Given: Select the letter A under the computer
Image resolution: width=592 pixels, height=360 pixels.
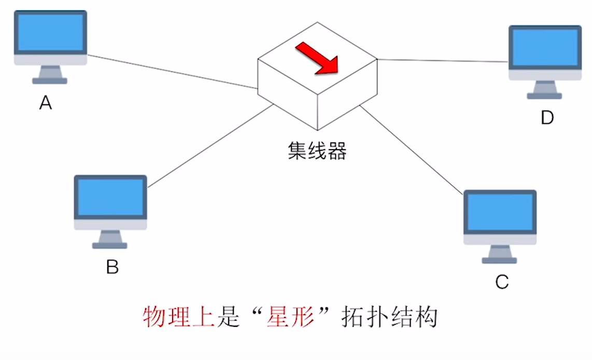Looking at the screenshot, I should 46,104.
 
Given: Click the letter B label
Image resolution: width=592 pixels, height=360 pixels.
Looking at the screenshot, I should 112,267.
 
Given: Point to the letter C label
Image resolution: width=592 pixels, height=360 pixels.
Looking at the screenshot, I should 502,282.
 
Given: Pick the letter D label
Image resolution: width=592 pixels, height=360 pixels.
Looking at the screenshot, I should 547,118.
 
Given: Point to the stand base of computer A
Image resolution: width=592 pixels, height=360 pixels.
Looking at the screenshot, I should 50,81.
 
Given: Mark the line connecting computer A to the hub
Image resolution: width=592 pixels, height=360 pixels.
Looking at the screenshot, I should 171,71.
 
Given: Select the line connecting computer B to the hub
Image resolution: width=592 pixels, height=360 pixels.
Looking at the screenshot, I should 210,146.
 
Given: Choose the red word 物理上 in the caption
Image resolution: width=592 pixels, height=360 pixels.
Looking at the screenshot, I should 179,317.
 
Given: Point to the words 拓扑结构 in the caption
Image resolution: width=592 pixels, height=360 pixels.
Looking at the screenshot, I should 389,317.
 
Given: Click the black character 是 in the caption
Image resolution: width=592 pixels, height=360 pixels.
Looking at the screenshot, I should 227,317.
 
